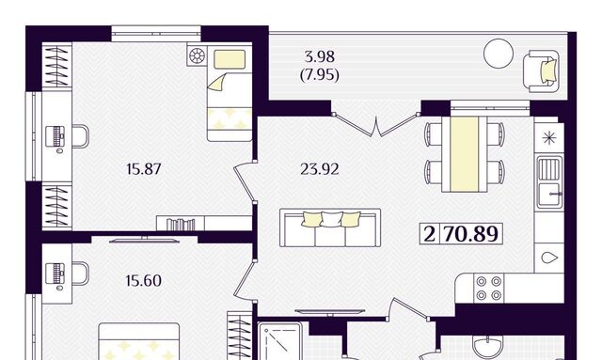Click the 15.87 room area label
(x=144, y=169)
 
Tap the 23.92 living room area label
(x=320, y=169)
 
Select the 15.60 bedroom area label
(x=143, y=280)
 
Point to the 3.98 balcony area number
(x=320, y=56)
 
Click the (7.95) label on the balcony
(x=320, y=74)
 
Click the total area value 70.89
(x=470, y=233)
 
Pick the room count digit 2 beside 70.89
(x=429, y=233)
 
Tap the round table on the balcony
(x=499, y=54)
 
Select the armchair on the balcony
(x=542, y=71)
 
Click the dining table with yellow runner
(x=464, y=154)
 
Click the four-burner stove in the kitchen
(x=488, y=289)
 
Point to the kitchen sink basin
(x=549, y=181)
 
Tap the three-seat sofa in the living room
(x=330, y=227)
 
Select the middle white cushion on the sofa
(x=331, y=219)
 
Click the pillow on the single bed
(x=230, y=59)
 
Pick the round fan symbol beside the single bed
(x=197, y=56)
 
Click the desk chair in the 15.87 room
(x=80, y=136)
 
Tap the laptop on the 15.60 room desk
(x=55, y=274)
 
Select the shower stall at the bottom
(x=279, y=341)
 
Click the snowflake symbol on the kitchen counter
(x=549, y=138)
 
